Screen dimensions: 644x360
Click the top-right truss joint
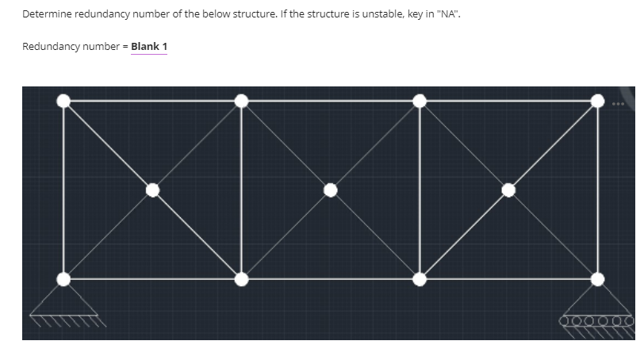click(597, 101)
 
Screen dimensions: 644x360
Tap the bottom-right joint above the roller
click(597, 278)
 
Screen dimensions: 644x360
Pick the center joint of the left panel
click(153, 190)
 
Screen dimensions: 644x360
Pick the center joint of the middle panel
click(331, 190)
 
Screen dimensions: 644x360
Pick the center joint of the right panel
click(508, 190)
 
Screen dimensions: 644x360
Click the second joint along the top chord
click(242, 101)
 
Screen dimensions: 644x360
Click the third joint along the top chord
click(420, 101)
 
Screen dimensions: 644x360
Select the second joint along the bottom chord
click(242, 278)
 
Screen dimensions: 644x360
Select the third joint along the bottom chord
click(420, 278)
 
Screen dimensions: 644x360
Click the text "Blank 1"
click(149, 47)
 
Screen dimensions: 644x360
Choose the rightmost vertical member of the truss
click(597, 190)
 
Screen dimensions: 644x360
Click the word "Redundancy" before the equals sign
click(50, 47)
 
